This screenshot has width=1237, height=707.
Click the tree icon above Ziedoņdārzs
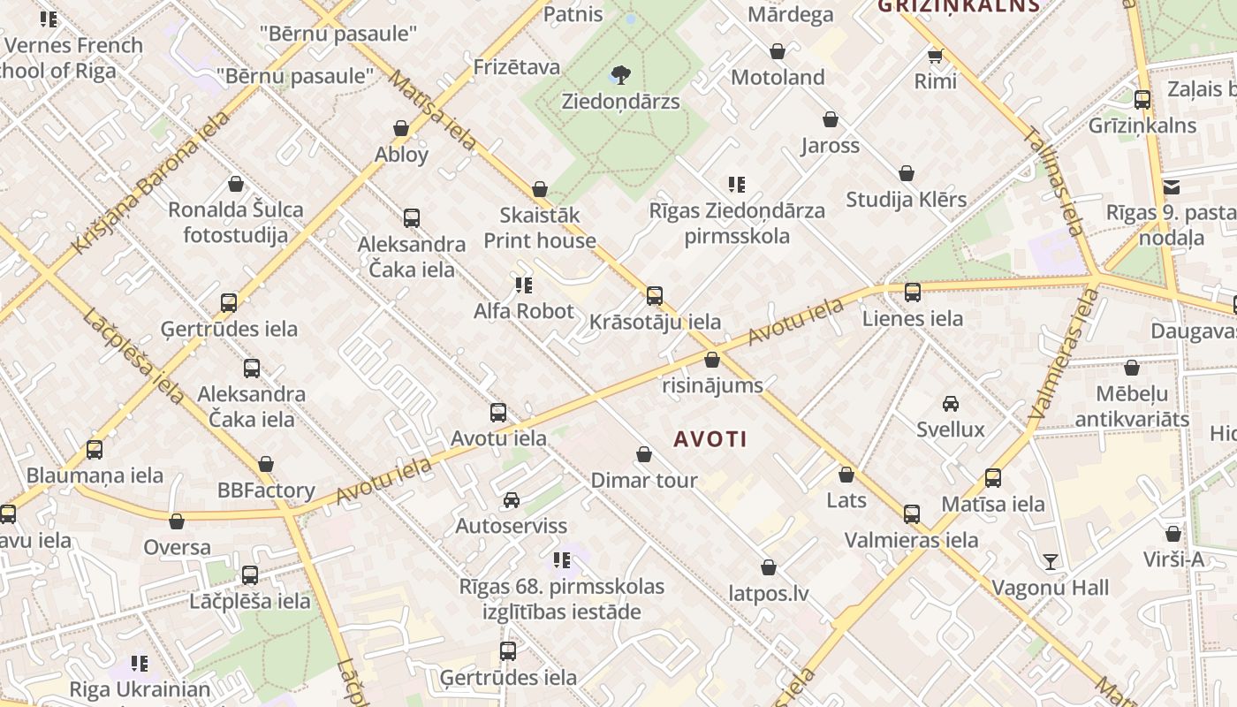[621, 73]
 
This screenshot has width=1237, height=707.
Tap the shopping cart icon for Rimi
[935, 56]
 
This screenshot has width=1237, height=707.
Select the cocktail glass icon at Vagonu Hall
[1050, 561]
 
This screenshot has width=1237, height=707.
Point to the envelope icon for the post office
[1172, 186]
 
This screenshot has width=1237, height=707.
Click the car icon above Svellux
[951, 404]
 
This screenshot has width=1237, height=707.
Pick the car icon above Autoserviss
[512, 500]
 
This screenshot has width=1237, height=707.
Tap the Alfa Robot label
[524, 311]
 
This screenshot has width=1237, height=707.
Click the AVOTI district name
[710, 438]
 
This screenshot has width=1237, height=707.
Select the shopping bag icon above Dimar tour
[644, 455]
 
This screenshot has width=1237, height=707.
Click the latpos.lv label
[769, 593]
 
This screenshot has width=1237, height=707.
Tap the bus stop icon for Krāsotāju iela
[655, 295]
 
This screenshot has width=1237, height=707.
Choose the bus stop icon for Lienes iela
[913, 292]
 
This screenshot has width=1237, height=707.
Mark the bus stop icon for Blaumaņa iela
[95, 449]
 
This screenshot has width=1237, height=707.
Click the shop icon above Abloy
[401, 129]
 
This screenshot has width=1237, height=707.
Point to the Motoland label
[778, 77]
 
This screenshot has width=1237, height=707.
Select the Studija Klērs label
[907, 199]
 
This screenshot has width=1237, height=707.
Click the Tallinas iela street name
[1053, 182]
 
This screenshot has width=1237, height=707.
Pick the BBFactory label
[266, 490]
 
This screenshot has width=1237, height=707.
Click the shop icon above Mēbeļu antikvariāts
[1132, 368]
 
